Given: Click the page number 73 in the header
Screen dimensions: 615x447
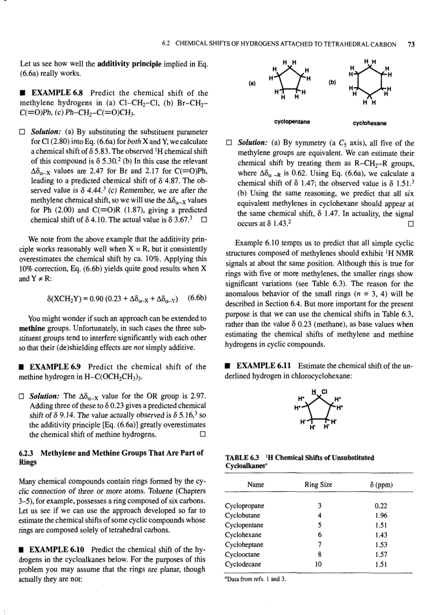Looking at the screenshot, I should [x=411, y=45].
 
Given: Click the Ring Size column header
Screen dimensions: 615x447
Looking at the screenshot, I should [x=318, y=485].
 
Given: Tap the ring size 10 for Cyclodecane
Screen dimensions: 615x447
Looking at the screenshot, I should [x=318, y=564].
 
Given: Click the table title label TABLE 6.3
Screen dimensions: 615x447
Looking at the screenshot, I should [x=242, y=457].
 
